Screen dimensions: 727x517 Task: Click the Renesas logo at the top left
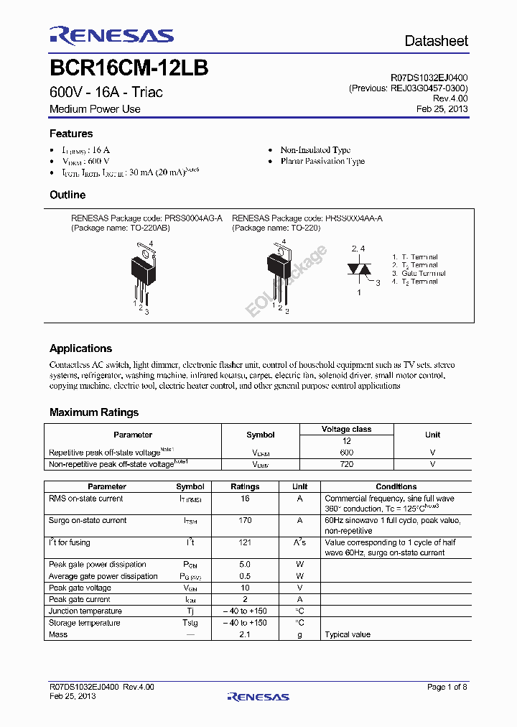[x=111, y=36]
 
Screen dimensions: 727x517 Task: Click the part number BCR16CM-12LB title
[x=129, y=69]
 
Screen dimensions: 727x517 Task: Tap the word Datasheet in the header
[x=436, y=41]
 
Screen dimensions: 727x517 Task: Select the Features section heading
[x=71, y=134]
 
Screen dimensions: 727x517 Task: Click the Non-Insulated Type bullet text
[x=315, y=150]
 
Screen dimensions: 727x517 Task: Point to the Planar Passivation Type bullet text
[x=322, y=162]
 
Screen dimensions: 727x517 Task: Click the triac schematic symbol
[x=359, y=269]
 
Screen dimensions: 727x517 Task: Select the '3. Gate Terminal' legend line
[x=419, y=274]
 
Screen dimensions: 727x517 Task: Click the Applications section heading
[x=80, y=348]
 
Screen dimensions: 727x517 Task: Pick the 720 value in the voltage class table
[x=346, y=465]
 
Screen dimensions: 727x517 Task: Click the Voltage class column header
[x=346, y=429]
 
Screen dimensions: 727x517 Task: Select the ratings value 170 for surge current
[x=245, y=521]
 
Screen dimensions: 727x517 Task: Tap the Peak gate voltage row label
[x=80, y=588]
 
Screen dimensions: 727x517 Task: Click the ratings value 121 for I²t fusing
[x=245, y=543]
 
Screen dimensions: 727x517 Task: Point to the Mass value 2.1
[x=245, y=634]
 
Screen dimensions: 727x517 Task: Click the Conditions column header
[x=396, y=486]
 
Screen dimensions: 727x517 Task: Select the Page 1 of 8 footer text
[x=447, y=687]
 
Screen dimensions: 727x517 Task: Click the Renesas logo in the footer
[x=258, y=696]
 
